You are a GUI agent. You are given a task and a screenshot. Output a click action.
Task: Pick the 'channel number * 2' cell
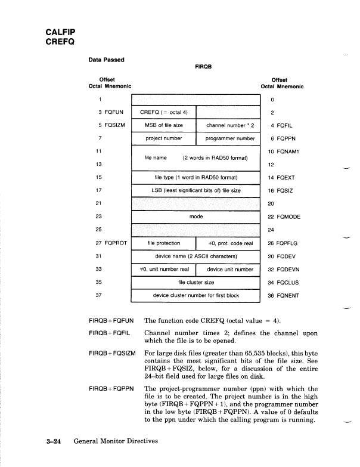click(x=229, y=125)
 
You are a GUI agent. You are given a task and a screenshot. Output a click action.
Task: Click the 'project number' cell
click(x=163, y=138)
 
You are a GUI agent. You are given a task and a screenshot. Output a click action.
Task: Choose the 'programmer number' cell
click(x=229, y=138)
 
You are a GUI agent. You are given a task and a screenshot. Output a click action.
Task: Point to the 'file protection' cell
click(x=163, y=243)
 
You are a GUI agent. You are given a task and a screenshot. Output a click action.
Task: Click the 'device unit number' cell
click(x=229, y=269)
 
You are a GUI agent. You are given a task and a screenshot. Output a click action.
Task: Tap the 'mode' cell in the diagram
click(x=196, y=217)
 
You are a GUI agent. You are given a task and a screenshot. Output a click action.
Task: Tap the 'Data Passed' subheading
click(x=107, y=59)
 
